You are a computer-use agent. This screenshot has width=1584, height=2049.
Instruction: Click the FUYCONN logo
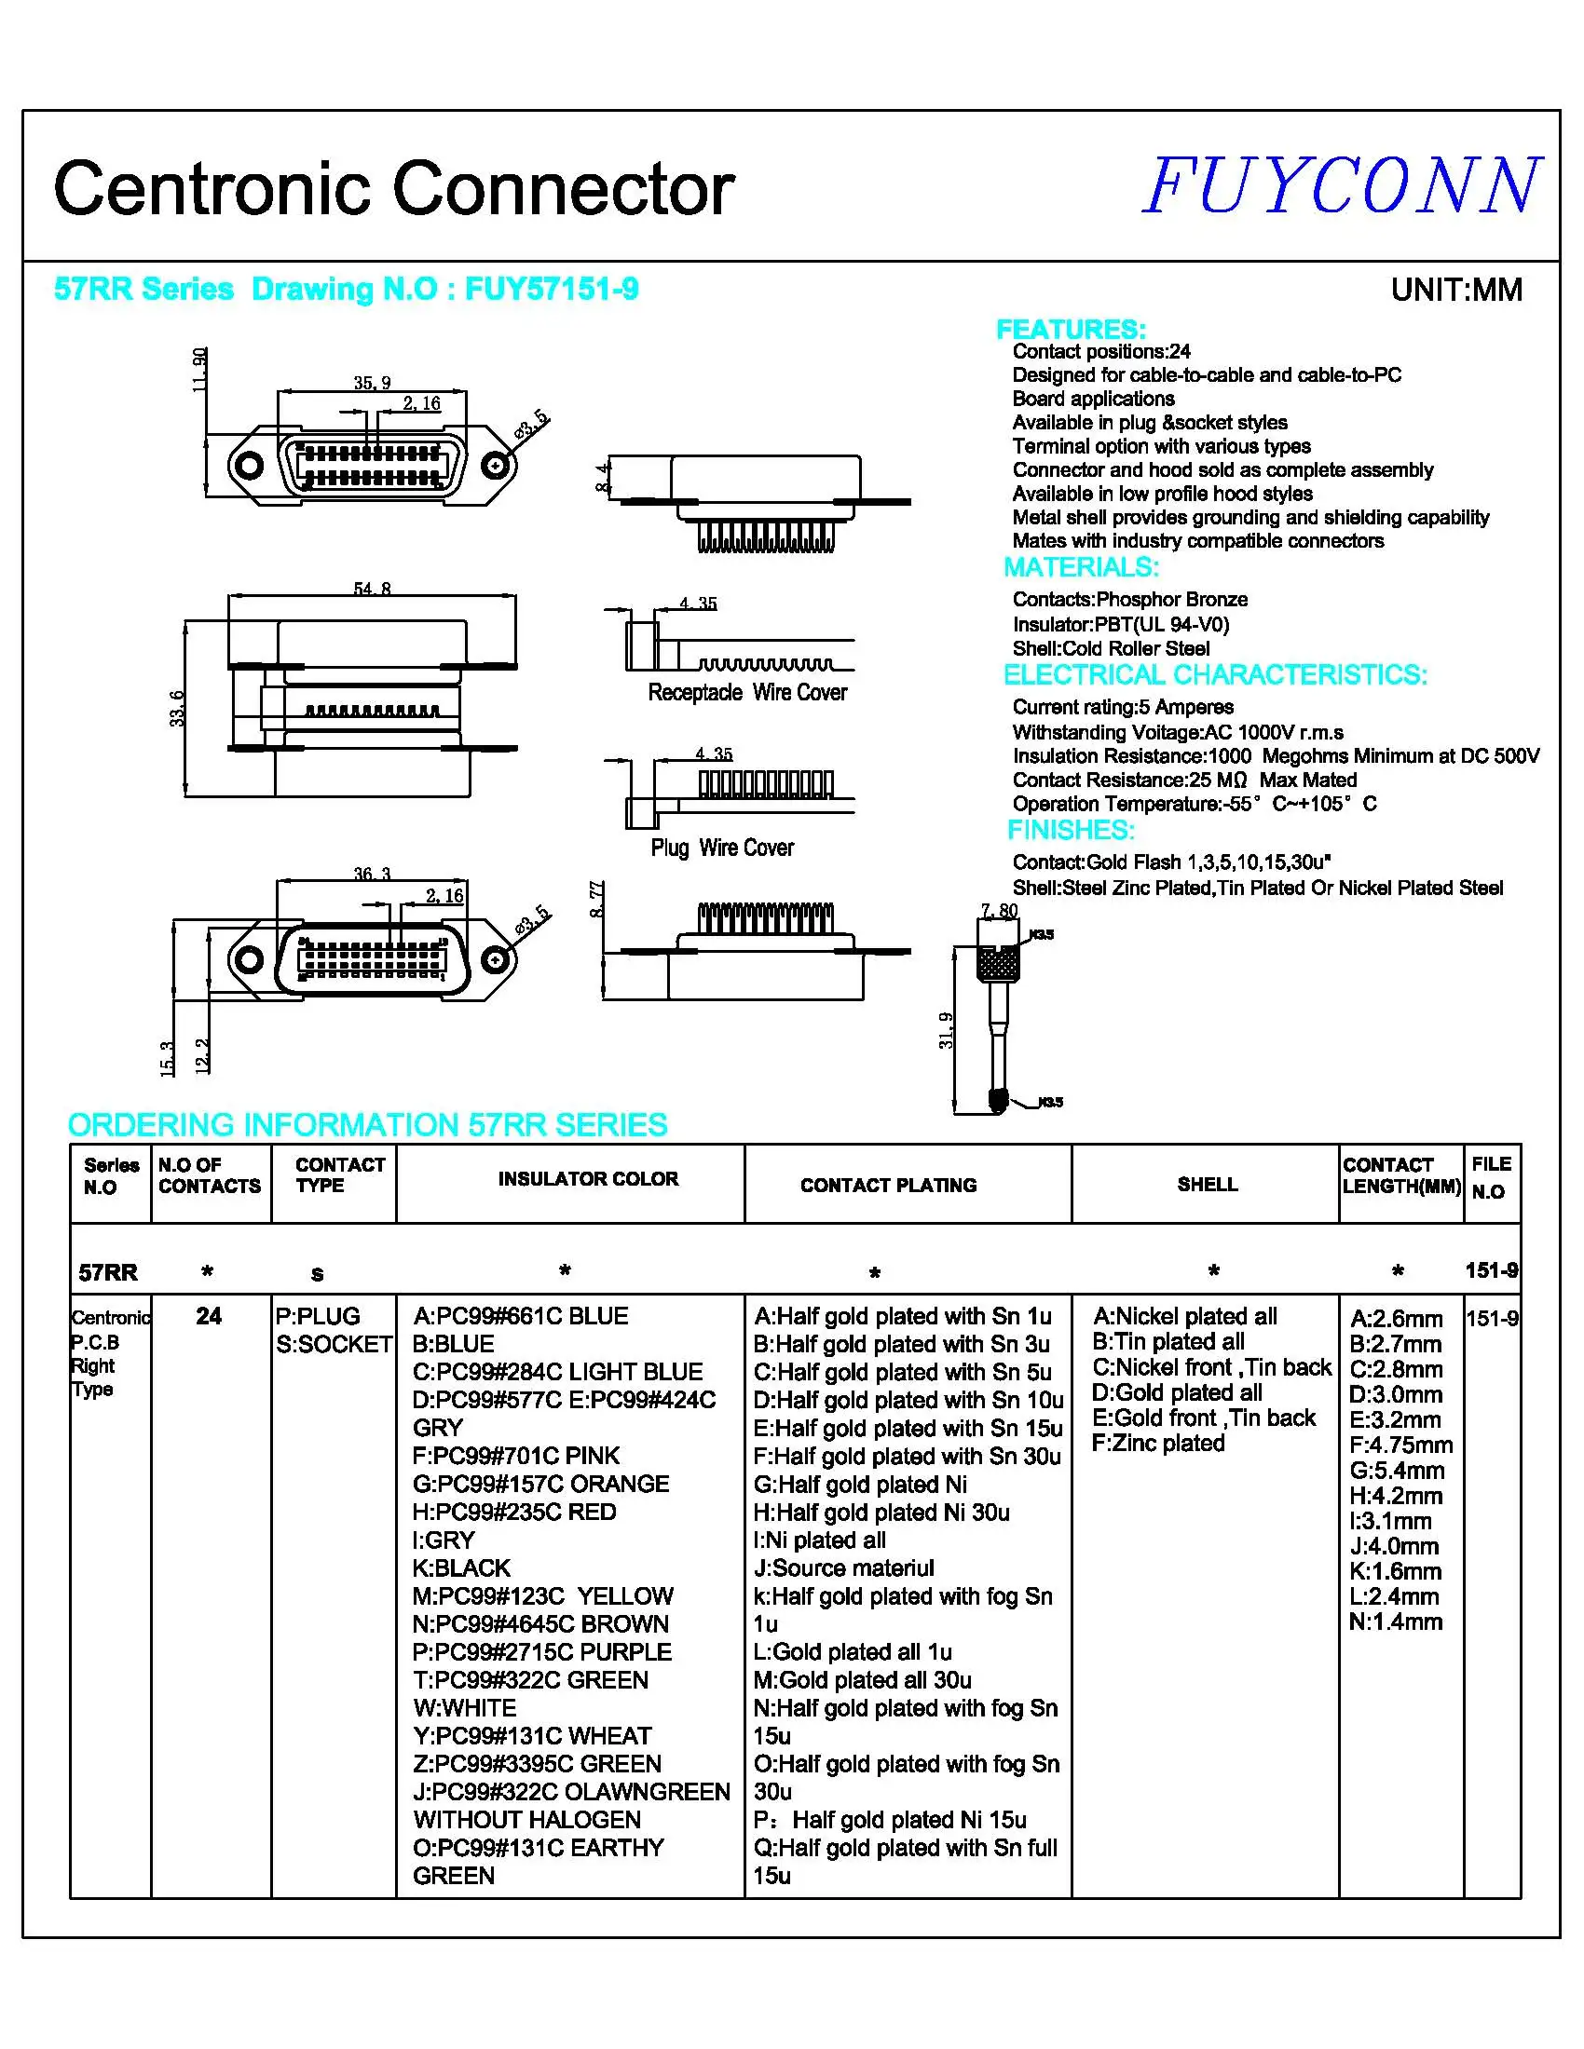point(1341,186)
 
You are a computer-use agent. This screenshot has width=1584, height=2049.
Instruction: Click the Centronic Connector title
point(393,188)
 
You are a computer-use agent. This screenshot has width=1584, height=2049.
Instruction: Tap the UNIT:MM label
point(1455,290)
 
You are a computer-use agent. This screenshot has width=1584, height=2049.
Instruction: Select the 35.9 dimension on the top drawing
point(372,383)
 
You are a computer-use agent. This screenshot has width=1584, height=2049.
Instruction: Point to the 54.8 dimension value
point(372,589)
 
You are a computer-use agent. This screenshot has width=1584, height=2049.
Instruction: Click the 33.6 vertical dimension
point(177,709)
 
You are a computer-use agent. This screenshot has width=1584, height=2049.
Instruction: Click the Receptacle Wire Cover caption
point(747,692)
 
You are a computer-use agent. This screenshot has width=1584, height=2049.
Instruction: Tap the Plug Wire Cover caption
point(721,848)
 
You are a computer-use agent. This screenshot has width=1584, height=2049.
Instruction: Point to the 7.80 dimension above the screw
point(999,910)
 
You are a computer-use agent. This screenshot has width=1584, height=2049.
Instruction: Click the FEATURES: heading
point(1070,330)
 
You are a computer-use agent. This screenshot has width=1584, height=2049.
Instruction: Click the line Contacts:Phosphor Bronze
point(1129,600)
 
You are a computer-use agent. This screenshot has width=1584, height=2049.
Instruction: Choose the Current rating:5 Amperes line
point(1123,707)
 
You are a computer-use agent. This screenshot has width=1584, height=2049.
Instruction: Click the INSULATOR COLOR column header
point(587,1178)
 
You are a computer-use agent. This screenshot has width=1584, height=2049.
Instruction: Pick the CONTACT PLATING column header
point(888,1185)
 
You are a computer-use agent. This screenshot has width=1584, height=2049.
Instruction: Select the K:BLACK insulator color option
point(460,1567)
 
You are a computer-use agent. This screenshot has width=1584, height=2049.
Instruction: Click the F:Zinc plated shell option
point(1158,1443)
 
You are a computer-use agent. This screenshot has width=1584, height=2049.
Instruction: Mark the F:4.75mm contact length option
point(1400,1445)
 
